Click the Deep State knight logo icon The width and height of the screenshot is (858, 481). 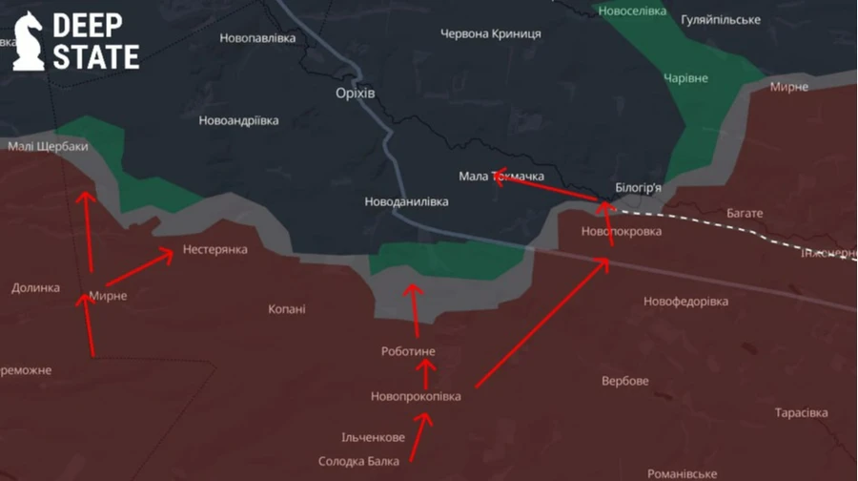click(28, 40)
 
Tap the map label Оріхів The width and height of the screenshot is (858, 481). click(356, 93)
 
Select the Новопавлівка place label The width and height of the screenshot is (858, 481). click(257, 38)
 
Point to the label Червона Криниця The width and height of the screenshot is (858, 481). click(491, 33)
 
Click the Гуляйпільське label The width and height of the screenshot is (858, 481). click(721, 20)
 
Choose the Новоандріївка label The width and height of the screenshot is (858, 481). click(238, 121)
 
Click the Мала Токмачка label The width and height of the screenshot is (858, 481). click(501, 177)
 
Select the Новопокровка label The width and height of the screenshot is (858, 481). click(621, 231)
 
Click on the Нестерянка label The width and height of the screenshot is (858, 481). click(214, 250)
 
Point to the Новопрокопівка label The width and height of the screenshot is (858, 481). click(416, 396)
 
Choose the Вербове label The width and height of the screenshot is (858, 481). click(625, 381)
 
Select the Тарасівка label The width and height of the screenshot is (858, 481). click(801, 413)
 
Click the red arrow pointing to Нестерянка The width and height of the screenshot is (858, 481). click(139, 269)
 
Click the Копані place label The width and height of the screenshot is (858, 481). click(286, 309)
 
